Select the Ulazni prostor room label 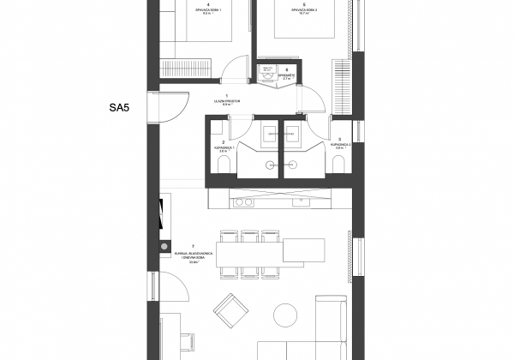pyautogui.click(x=226, y=101)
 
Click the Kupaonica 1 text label pyautogui.click(x=223, y=148)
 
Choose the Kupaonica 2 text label pyautogui.click(x=341, y=147)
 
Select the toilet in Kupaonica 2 pyautogui.click(x=340, y=164)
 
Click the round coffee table pyautogui.click(x=286, y=314)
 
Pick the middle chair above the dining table pyautogui.click(x=249, y=236)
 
